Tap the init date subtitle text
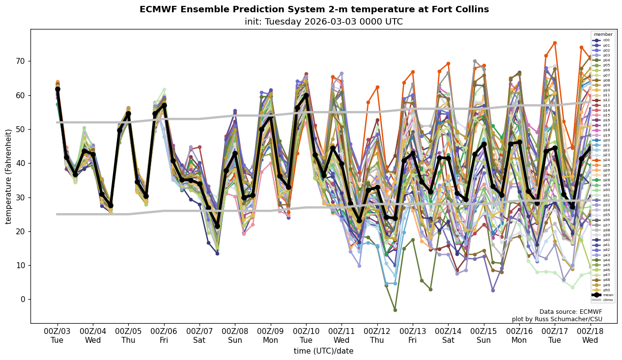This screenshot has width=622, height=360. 323,22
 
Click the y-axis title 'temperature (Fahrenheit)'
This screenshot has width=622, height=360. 8,176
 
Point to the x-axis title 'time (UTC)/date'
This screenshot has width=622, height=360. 323,351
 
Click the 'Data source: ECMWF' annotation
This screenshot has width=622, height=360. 570,312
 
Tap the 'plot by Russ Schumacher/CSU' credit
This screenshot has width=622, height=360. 557,319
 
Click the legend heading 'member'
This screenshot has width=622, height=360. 603,34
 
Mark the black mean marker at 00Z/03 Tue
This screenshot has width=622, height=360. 57,89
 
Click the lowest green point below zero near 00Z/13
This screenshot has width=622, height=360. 395,310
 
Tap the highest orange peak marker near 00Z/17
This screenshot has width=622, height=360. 555,43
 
